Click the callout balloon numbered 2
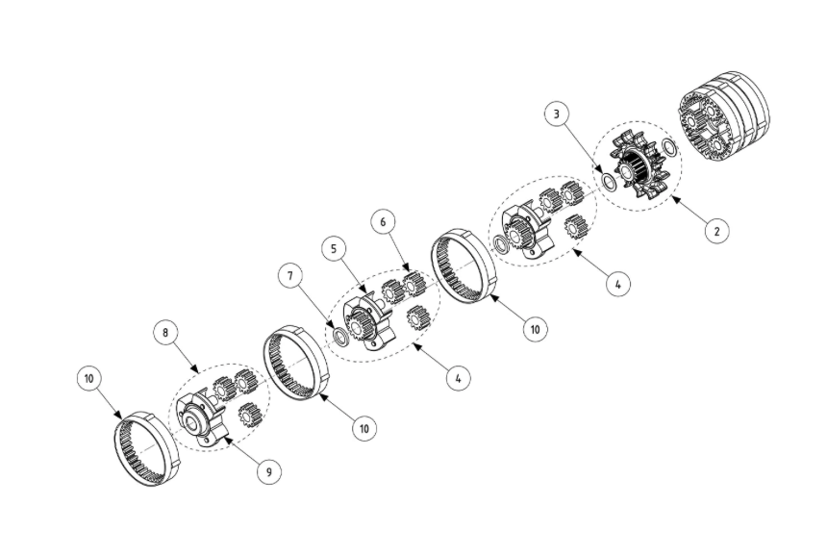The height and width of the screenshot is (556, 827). pyautogui.click(x=716, y=230)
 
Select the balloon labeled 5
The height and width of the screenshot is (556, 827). pyautogui.click(x=332, y=249)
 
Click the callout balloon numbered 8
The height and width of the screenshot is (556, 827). pyautogui.click(x=164, y=333)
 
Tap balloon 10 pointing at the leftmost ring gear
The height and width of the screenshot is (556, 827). pyautogui.click(x=89, y=379)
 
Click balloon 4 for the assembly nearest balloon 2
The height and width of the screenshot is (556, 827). pyautogui.click(x=618, y=286)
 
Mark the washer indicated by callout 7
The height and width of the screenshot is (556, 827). pyautogui.click(x=339, y=336)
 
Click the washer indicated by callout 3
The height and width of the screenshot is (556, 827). pyautogui.click(x=610, y=180)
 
